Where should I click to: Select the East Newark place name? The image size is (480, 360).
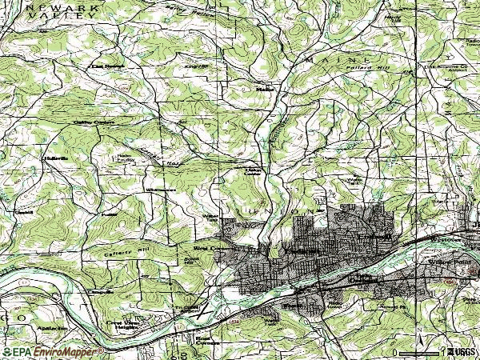click(x=108, y=66)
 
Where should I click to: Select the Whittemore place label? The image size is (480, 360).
click(x=161, y=190)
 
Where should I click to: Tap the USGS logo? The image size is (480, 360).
click(x=461, y=352)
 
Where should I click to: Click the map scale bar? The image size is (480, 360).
click(x=415, y=353)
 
